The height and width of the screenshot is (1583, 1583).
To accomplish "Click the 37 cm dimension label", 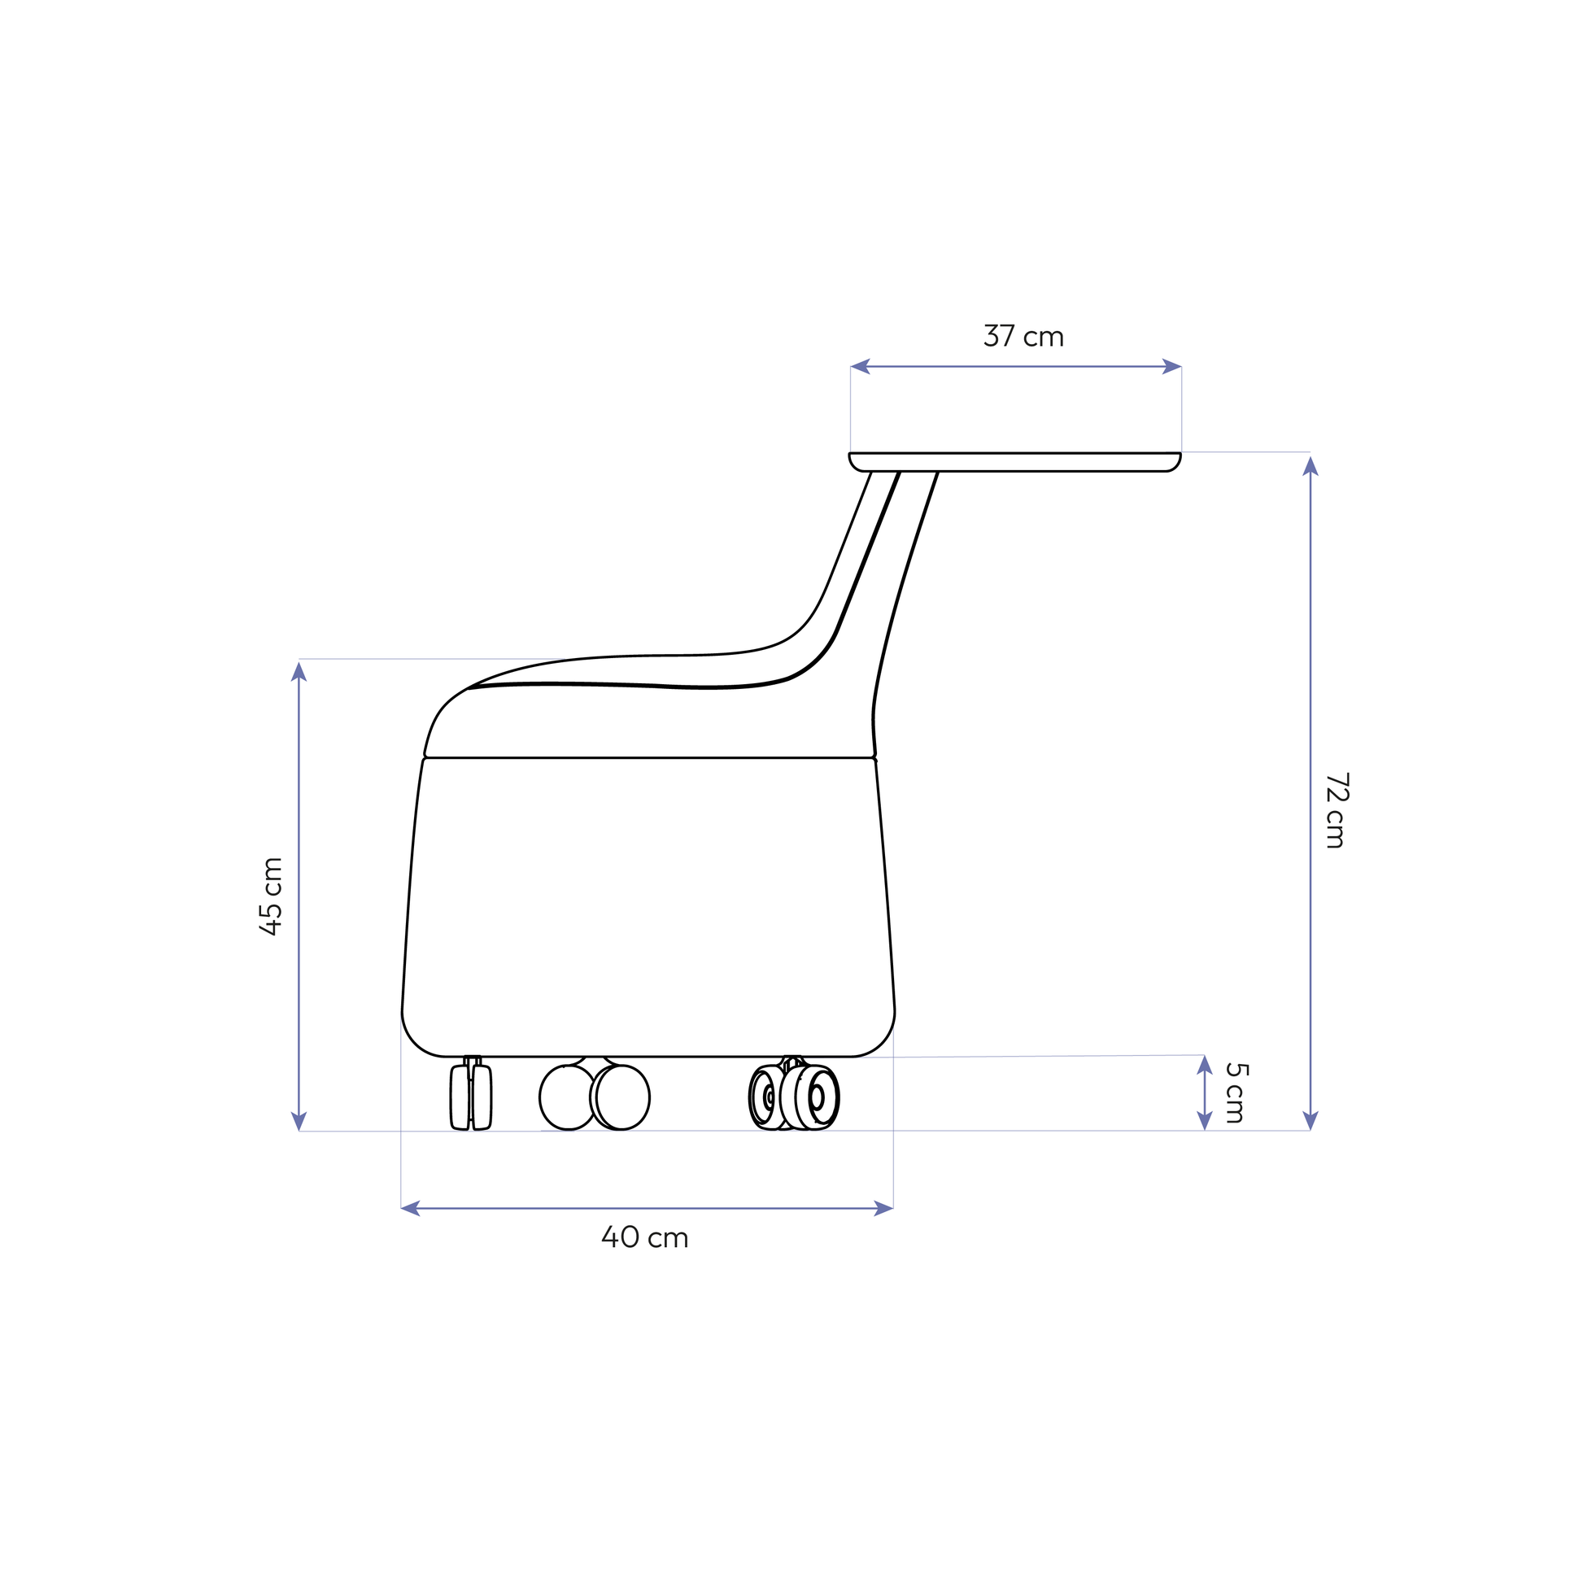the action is pos(1023,336).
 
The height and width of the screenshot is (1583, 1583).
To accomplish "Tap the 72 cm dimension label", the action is pos(1337,810).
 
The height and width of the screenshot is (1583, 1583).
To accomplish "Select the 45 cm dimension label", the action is pos(270,896).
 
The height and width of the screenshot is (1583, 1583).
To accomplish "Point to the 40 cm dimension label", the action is pos(645,1237).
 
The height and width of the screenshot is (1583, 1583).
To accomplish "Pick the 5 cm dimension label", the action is pos(1236,1093).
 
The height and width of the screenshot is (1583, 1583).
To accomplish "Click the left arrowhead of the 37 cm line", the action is pos(860,366).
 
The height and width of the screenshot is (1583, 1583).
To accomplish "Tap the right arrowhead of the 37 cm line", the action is pos(1172,366).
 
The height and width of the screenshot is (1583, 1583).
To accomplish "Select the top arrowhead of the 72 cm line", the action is pos(1310,465).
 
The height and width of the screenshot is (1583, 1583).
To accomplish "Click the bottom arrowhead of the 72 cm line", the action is pos(1310,1122).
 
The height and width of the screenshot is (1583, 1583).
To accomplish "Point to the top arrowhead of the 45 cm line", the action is pos(299,670).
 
